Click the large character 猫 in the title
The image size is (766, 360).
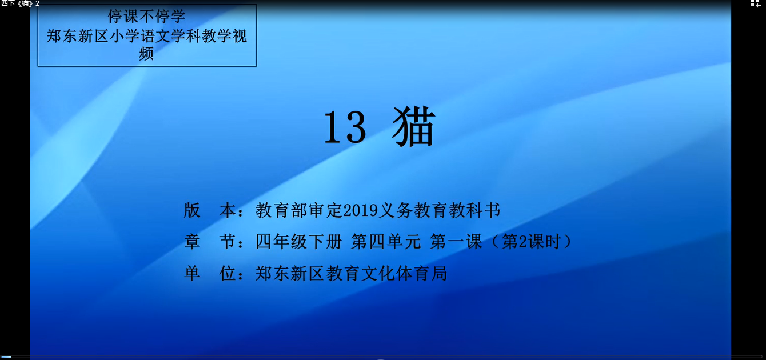414,127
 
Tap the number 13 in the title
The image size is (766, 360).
344,128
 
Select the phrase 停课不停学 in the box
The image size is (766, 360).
146,16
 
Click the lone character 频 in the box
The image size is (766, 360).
146,54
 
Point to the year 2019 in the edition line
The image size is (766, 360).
360,211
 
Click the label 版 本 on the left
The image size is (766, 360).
209,210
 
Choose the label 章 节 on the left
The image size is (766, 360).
209,242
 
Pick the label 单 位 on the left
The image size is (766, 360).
209,274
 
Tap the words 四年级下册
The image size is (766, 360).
299,242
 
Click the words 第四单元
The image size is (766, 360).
386,242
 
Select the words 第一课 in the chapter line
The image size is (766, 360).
456,242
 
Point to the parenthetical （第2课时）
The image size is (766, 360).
532,242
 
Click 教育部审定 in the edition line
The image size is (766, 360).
299,210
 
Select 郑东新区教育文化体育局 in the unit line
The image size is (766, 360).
351,274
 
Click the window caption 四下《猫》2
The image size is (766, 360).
20,3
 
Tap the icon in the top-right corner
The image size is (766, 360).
756,4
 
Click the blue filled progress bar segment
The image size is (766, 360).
6,357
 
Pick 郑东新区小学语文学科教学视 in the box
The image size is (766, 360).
146,35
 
